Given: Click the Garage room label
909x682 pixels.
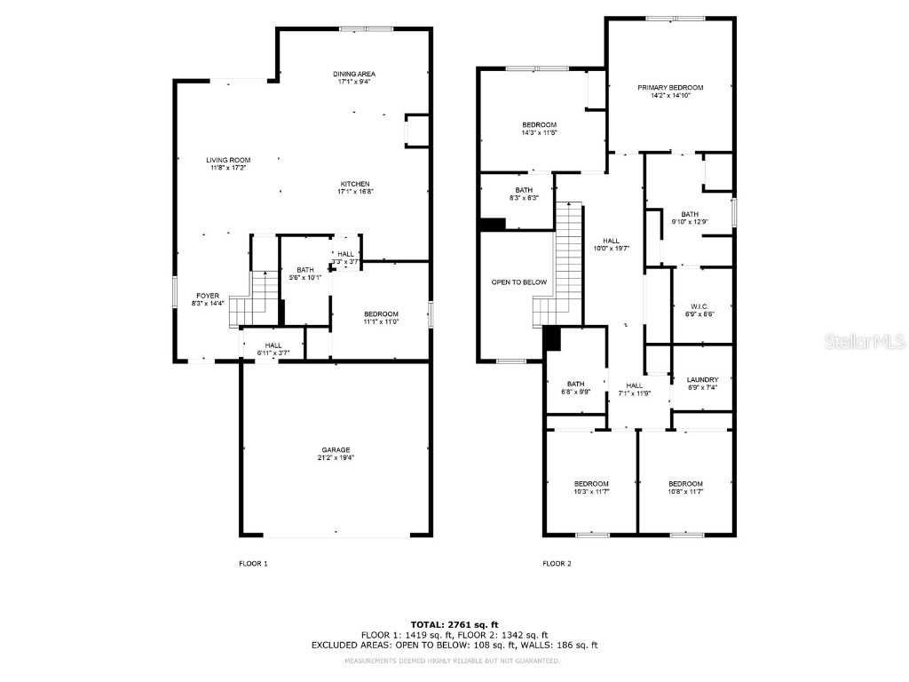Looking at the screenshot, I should pyautogui.click(x=336, y=450).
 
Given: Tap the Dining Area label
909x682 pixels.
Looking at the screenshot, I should pyautogui.click(x=353, y=74).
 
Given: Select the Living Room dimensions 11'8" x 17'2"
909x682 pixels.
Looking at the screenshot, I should pyautogui.click(x=228, y=168).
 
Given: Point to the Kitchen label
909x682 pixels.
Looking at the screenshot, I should pyautogui.click(x=353, y=184).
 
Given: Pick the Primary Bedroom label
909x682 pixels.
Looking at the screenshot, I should pyautogui.click(x=670, y=87).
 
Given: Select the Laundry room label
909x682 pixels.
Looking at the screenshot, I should pyautogui.click(x=702, y=379).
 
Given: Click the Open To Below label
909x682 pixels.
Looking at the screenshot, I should pyautogui.click(x=519, y=282).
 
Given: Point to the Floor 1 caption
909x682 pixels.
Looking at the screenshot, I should pyautogui.click(x=253, y=564).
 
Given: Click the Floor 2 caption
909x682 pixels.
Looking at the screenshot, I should pyautogui.click(x=557, y=564).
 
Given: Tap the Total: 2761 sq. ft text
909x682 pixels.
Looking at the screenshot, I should pyautogui.click(x=454, y=624).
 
